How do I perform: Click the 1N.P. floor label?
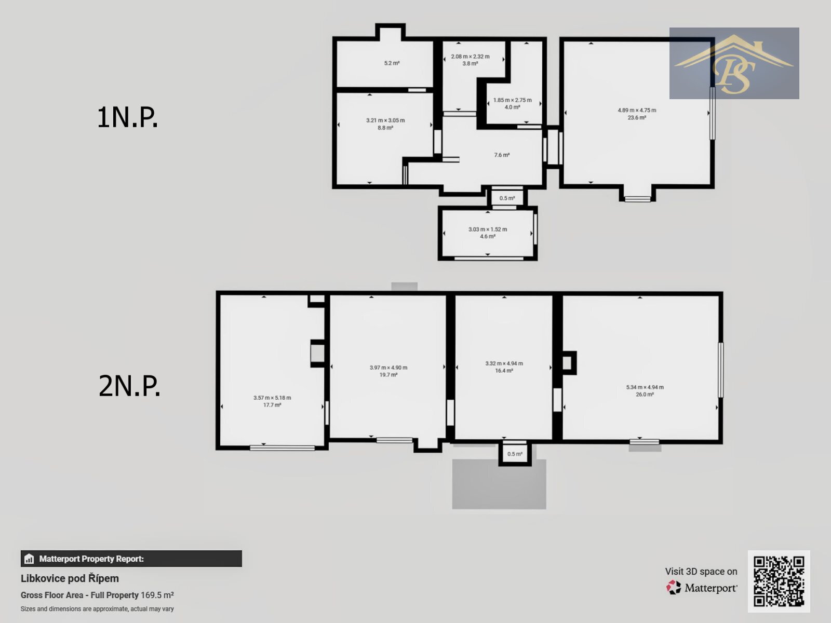[x=127, y=117]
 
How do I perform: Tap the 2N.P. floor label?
[x=129, y=386]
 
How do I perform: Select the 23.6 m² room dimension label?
[x=637, y=114]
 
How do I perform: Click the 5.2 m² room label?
[x=392, y=63]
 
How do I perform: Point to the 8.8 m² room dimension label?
[x=385, y=124]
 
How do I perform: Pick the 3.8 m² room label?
[x=470, y=60]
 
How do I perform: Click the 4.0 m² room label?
[x=512, y=104]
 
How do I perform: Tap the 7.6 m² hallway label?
[x=502, y=155]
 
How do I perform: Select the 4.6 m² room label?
[x=488, y=233]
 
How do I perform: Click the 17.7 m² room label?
[x=272, y=401]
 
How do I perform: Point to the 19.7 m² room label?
[x=388, y=371]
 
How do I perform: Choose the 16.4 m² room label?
[x=504, y=367]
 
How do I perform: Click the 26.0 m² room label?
[x=645, y=391]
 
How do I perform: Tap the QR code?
[x=779, y=581]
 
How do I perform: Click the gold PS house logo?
[x=734, y=63]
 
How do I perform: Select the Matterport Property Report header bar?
[x=131, y=559]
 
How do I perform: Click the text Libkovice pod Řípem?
[x=70, y=578]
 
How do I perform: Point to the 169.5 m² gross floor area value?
[x=157, y=595]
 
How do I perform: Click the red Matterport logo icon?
[x=674, y=588]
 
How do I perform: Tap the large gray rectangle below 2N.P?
[x=499, y=484]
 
